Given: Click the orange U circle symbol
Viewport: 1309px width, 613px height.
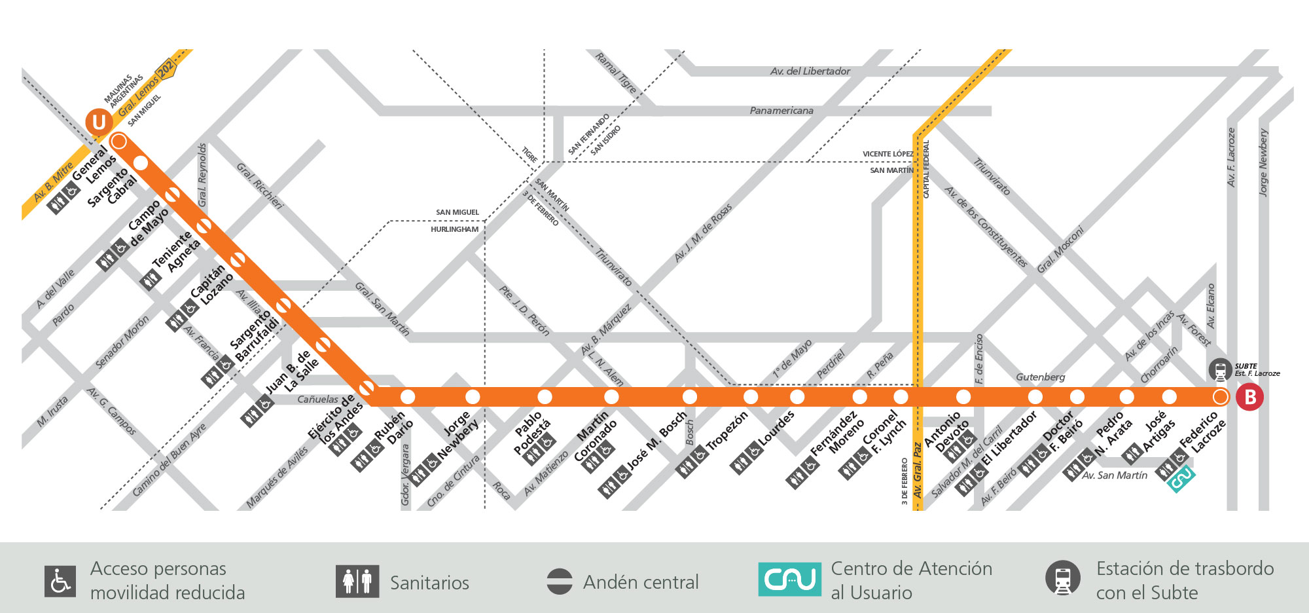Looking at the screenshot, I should click(99, 122).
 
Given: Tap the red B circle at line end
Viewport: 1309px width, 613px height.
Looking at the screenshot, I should click(1249, 398).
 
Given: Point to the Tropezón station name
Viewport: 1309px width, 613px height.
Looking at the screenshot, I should click(726, 430).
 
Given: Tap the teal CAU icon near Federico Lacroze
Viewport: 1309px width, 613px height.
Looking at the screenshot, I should click(1181, 479).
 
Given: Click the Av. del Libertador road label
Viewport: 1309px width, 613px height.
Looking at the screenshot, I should click(810, 71).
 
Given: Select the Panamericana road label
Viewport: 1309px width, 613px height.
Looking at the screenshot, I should click(781, 110).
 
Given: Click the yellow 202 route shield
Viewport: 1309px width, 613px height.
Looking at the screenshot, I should click(166, 68).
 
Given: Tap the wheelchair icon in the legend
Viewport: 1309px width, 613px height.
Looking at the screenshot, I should click(61, 581).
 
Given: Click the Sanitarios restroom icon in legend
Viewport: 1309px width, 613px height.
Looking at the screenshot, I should click(357, 581).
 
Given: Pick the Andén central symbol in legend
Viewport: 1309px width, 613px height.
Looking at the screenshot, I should click(559, 582).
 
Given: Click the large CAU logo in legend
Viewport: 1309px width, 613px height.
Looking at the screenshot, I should click(789, 579).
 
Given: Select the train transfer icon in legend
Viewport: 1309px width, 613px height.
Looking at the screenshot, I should click(1062, 578).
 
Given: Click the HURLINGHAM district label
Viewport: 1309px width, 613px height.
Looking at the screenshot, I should click(454, 229).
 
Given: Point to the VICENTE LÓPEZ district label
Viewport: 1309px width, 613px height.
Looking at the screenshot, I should click(888, 154).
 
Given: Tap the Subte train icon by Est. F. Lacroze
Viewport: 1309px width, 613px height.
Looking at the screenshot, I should click(1220, 370).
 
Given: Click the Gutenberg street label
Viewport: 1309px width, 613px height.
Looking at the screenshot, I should click(1040, 377).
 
